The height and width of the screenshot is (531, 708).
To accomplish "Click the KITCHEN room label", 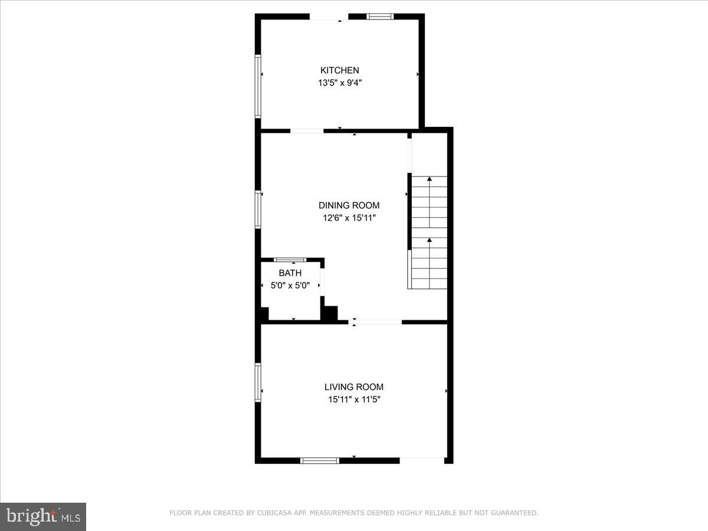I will pos(339,70).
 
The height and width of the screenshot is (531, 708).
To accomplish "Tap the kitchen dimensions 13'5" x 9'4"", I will pos(339,83).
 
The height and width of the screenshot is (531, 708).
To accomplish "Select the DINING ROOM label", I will pos(349,205).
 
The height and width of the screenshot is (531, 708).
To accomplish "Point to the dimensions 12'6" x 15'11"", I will pos(349,218).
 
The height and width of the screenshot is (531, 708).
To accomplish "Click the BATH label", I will pos(290,273).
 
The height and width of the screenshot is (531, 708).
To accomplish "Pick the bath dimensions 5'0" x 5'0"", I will pos(290,286).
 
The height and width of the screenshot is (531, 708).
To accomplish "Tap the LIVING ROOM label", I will pos(354,387).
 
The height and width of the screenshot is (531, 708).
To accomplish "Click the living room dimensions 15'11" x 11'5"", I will pos(354,399).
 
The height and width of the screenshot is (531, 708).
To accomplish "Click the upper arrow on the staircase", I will pos(430,180).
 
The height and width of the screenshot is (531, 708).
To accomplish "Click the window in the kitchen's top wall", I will pos(381,17).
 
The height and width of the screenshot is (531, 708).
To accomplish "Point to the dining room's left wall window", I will pos(258,209).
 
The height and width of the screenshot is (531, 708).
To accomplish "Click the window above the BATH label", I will pos(290,260).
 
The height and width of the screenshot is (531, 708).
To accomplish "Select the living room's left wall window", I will pos(258,382).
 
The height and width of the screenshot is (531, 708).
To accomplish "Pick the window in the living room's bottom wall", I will pos(320,460).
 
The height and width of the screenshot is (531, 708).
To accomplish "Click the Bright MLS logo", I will pos(43,516).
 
